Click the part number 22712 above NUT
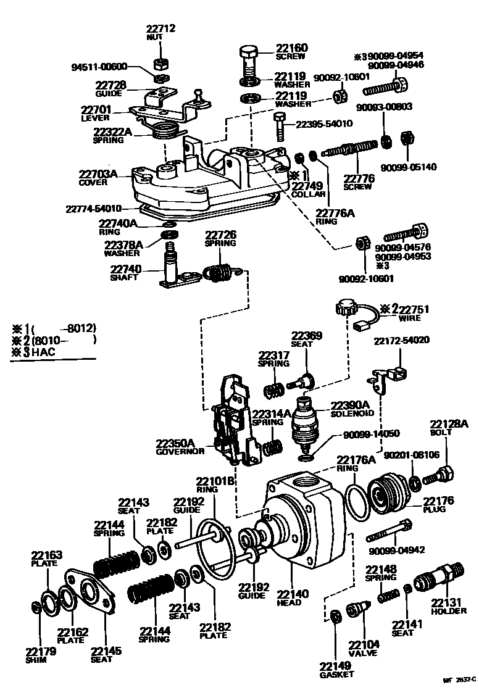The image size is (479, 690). coord(161,28)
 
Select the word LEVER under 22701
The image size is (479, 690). coord(95,118)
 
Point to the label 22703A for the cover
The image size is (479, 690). coord(98,174)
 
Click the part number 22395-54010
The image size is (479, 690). coord(324,123)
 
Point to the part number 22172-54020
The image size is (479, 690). coord(402,341)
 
